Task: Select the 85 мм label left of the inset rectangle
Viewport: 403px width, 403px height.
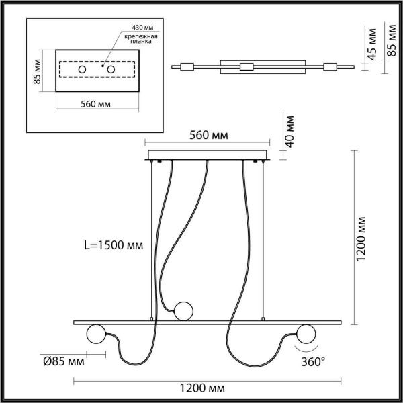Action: pos(38,69)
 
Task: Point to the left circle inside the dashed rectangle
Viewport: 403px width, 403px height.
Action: pos(81,70)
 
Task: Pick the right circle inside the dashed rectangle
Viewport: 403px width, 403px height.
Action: pos(108,70)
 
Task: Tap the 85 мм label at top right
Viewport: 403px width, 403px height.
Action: pos(390,40)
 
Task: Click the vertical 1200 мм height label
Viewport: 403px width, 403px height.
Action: pos(361,238)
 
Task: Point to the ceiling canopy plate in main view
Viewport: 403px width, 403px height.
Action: pos(208,158)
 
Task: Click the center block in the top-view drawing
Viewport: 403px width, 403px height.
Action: pos(247,66)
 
